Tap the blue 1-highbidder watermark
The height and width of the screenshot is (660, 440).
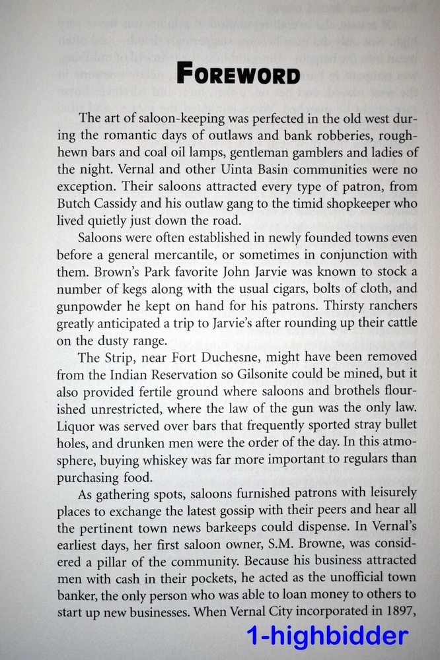[x=327, y=636]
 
